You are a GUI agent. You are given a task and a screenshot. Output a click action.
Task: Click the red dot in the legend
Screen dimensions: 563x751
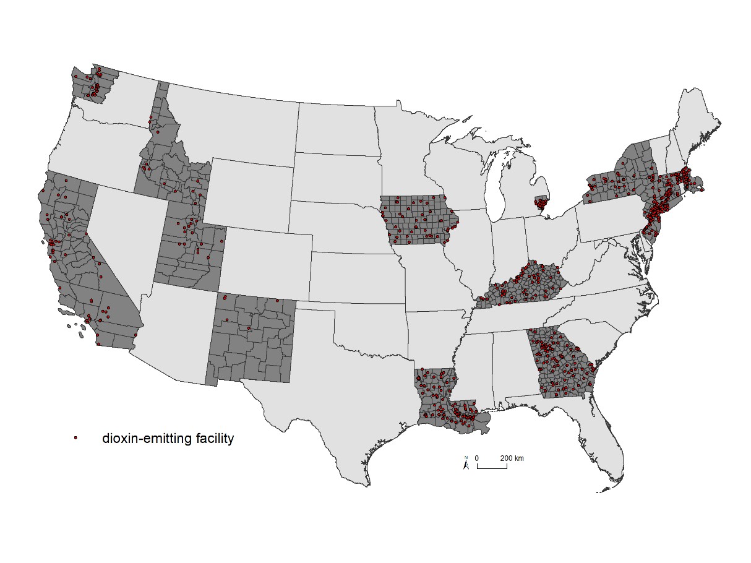click(75, 438)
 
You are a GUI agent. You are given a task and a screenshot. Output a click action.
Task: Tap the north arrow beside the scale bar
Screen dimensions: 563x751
click(466, 463)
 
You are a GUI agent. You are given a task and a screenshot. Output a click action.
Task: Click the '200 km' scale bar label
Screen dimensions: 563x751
click(512, 458)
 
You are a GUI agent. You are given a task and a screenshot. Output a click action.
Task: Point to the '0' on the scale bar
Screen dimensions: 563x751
click(477, 458)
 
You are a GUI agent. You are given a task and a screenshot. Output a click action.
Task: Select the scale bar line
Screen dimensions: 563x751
click(492, 467)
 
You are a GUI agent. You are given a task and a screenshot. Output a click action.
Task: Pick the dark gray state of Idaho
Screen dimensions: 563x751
click(161, 173)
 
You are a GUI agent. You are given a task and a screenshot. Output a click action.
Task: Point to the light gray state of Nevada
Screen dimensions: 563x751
click(121, 235)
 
